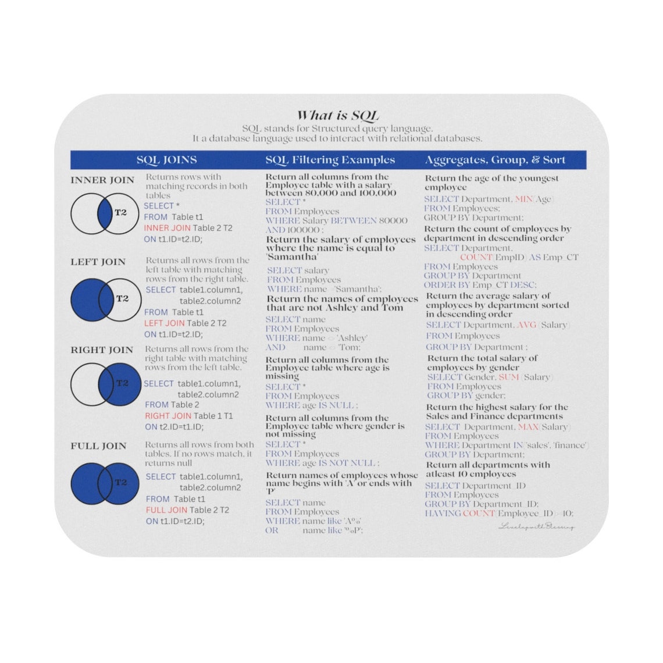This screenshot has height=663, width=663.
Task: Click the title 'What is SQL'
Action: point(338,115)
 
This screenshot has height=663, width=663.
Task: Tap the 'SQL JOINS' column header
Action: point(166,160)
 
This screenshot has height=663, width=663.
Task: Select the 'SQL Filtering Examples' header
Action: point(330,160)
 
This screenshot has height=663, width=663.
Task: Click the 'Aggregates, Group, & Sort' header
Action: point(495,160)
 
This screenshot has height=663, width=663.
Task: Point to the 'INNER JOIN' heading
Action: point(102,180)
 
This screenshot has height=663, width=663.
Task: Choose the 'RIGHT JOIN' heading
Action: point(102,350)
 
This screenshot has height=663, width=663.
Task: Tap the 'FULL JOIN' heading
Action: point(98,446)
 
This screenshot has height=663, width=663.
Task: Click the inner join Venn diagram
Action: point(105,213)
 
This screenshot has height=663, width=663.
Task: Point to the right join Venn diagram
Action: point(105,384)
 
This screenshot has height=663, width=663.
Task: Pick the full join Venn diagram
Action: point(105,483)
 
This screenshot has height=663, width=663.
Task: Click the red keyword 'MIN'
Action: point(523,199)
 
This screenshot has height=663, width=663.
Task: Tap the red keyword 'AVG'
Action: point(526,325)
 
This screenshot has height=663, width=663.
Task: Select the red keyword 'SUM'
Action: point(509,377)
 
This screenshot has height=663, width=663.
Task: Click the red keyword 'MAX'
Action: point(527,427)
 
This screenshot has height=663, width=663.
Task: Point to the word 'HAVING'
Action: point(443,513)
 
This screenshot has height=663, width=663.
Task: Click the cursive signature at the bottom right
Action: point(536,527)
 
